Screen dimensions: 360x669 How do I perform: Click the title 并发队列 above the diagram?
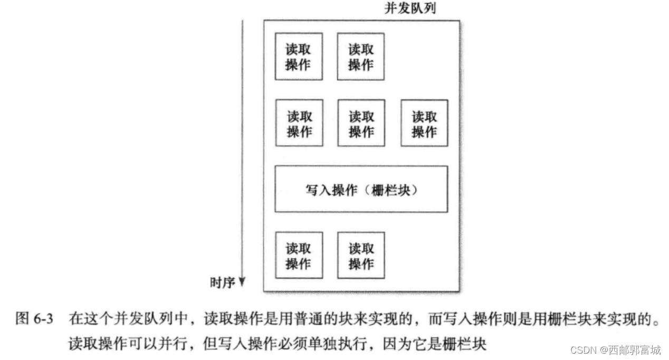(411, 8)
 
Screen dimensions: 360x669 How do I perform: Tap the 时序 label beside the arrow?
(222, 283)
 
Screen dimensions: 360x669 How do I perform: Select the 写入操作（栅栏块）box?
(361, 189)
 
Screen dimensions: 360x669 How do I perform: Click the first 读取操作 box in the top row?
(298, 56)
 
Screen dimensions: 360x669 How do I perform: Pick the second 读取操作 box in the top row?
(361, 56)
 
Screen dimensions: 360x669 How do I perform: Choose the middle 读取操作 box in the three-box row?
(361, 123)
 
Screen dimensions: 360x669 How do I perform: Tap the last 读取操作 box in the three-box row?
(424, 123)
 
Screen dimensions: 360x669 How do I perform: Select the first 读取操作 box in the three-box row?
(299, 123)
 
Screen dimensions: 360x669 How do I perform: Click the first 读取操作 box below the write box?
(299, 255)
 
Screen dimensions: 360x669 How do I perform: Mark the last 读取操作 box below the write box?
(361, 255)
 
